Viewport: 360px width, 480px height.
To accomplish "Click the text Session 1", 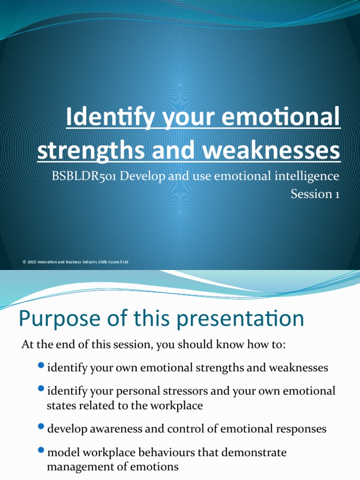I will click(x=315, y=193).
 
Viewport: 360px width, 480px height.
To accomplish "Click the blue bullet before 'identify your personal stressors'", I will click(x=41, y=388).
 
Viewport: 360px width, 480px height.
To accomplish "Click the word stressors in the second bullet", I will click(x=182, y=391).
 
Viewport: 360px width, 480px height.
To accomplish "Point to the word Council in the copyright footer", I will click(x=115, y=262).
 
